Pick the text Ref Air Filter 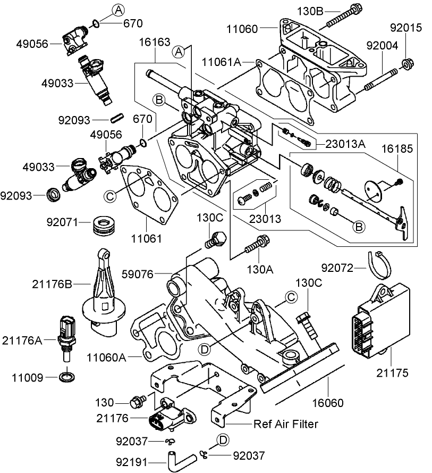pos(286,424)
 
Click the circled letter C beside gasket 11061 pos(110,196)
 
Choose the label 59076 pos(154,274)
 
